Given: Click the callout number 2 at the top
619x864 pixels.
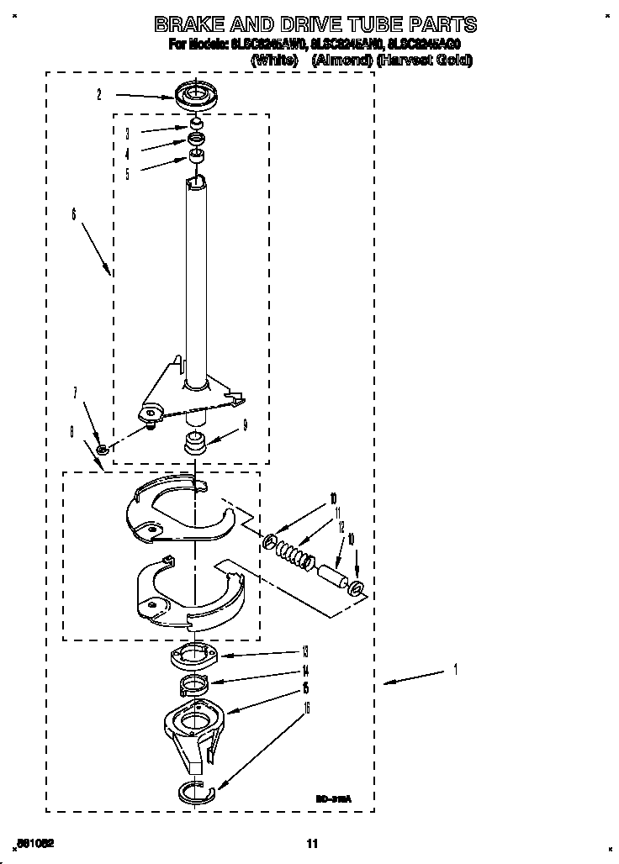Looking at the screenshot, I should tap(98, 95).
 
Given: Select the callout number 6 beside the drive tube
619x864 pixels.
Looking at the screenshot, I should tap(74, 216).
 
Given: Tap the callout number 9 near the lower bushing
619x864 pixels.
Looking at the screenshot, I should tap(245, 426).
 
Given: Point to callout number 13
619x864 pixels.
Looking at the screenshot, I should tap(304, 651).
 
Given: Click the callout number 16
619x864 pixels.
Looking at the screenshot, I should tap(306, 709).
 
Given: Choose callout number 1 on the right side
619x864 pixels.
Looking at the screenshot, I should tap(455, 670).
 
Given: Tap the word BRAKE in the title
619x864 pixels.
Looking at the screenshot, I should tap(198, 24).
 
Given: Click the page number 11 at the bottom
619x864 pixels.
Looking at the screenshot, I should tap(312, 844).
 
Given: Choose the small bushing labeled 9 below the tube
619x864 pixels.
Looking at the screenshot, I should tap(195, 440).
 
